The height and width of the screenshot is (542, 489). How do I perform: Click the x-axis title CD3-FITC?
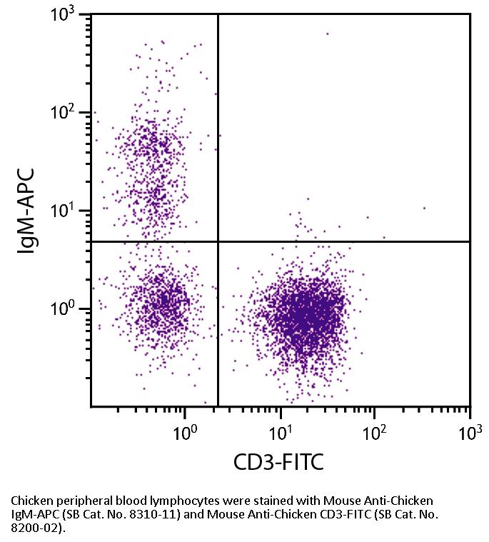(x=278, y=462)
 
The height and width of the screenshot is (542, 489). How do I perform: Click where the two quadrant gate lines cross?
(x=218, y=241)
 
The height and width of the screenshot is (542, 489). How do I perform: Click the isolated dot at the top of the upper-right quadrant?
(x=328, y=34)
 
